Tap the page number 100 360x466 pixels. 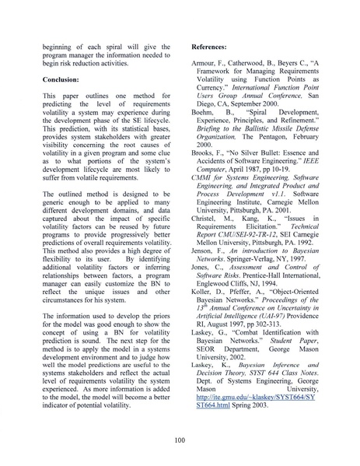click(x=180, y=440)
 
